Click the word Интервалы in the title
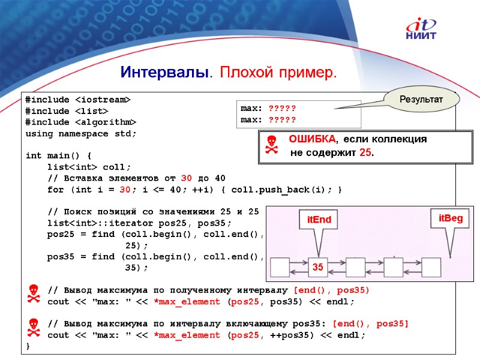(164, 73)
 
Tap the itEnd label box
(319, 220)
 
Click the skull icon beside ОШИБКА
(272, 145)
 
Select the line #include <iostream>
(78, 100)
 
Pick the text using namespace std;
(80, 133)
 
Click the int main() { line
(58, 155)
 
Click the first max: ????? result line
(268, 109)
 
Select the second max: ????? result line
(268, 119)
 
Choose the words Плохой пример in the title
(278, 73)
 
